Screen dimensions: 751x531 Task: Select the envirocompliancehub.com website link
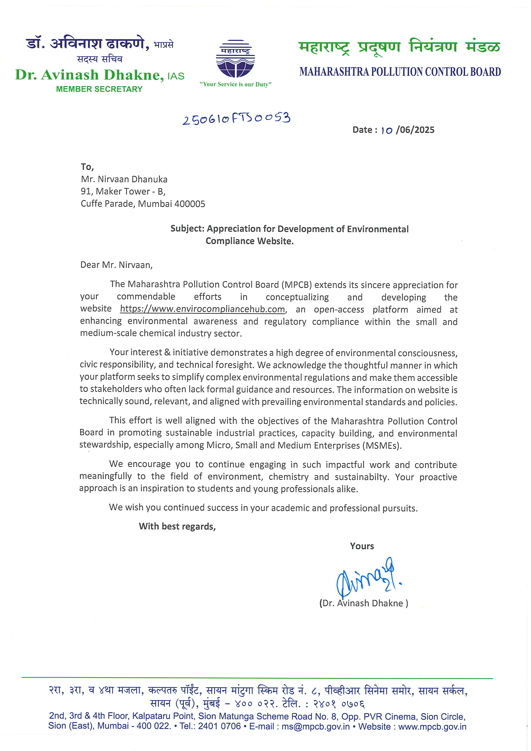[x=202, y=309]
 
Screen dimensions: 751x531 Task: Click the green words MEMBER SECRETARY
[x=99, y=89]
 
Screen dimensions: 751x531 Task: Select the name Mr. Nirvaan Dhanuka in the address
[x=124, y=179]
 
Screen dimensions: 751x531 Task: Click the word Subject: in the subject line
[x=187, y=229]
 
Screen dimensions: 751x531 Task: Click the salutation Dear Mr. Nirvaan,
[x=116, y=265]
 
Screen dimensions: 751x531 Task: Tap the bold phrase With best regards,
[x=177, y=527]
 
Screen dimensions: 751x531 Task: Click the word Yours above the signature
[x=362, y=546]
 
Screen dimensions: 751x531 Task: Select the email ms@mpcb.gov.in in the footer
[x=316, y=727]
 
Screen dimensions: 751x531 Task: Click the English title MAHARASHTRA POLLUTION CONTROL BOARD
[x=400, y=72]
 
